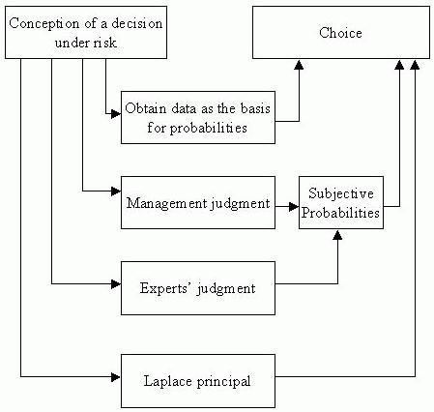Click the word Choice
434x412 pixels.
click(x=340, y=33)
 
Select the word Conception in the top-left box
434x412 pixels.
click(x=44, y=24)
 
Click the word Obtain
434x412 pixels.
click(x=146, y=108)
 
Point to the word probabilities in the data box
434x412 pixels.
click(x=209, y=128)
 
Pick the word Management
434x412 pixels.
click(x=166, y=203)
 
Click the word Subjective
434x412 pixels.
click(x=341, y=193)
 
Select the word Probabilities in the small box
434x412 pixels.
click(x=340, y=213)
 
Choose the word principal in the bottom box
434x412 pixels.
click(x=223, y=382)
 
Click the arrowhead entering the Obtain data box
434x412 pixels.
click(x=116, y=113)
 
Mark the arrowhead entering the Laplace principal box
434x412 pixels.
click(x=116, y=376)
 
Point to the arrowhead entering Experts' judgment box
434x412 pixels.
click(x=116, y=284)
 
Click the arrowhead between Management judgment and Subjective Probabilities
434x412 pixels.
click(x=294, y=206)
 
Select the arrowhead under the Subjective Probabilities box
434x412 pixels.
click(x=337, y=234)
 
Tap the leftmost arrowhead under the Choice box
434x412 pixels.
click(x=299, y=64)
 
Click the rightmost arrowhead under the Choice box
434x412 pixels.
click(x=415, y=64)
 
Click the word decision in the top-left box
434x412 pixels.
click(x=137, y=23)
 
